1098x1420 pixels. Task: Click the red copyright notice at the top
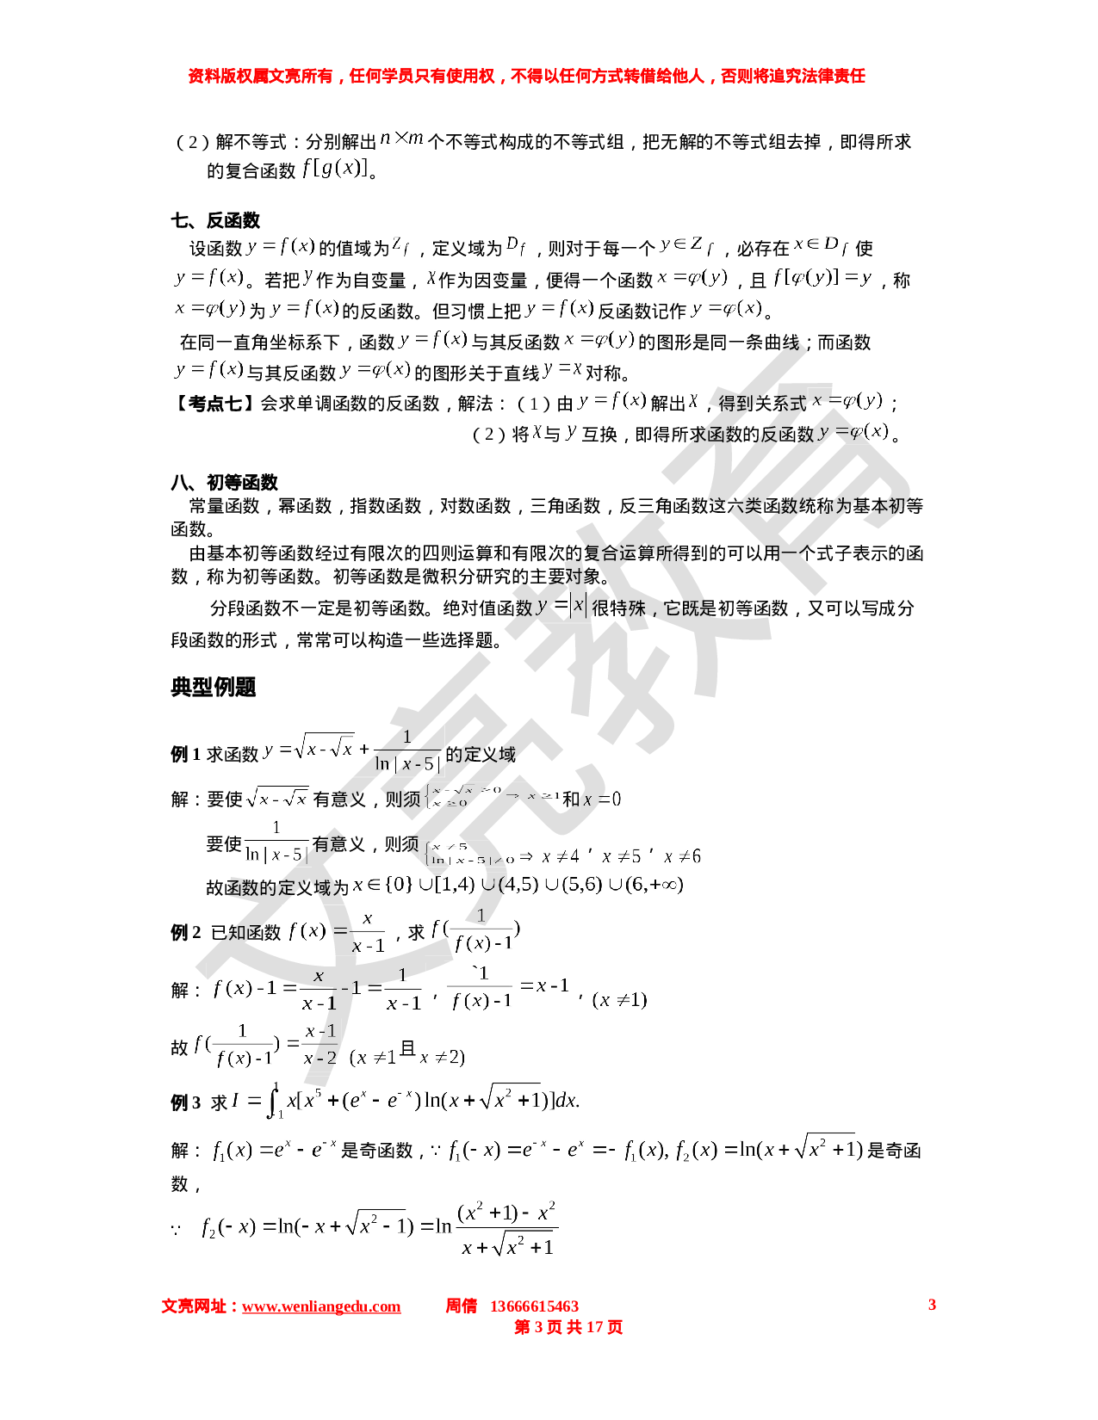[526, 77]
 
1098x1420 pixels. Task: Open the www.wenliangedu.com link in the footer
[321, 1307]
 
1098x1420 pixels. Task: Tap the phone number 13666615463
[534, 1306]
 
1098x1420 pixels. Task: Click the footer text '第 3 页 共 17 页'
[568, 1327]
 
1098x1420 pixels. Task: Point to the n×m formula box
[401, 138]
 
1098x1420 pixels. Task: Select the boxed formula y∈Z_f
[686, 245]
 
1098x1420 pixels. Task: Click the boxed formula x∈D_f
[822, 245]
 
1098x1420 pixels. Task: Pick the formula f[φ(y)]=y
[822, 277]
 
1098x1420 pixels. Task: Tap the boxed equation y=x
[562, 370]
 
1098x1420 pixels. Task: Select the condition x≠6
[683, 856]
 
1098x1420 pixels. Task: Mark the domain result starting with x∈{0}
[517, 885]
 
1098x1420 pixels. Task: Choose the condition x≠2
[442, 1058]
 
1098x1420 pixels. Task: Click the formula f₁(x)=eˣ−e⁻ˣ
[274, 1150]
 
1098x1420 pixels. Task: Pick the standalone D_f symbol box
[515, 246]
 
